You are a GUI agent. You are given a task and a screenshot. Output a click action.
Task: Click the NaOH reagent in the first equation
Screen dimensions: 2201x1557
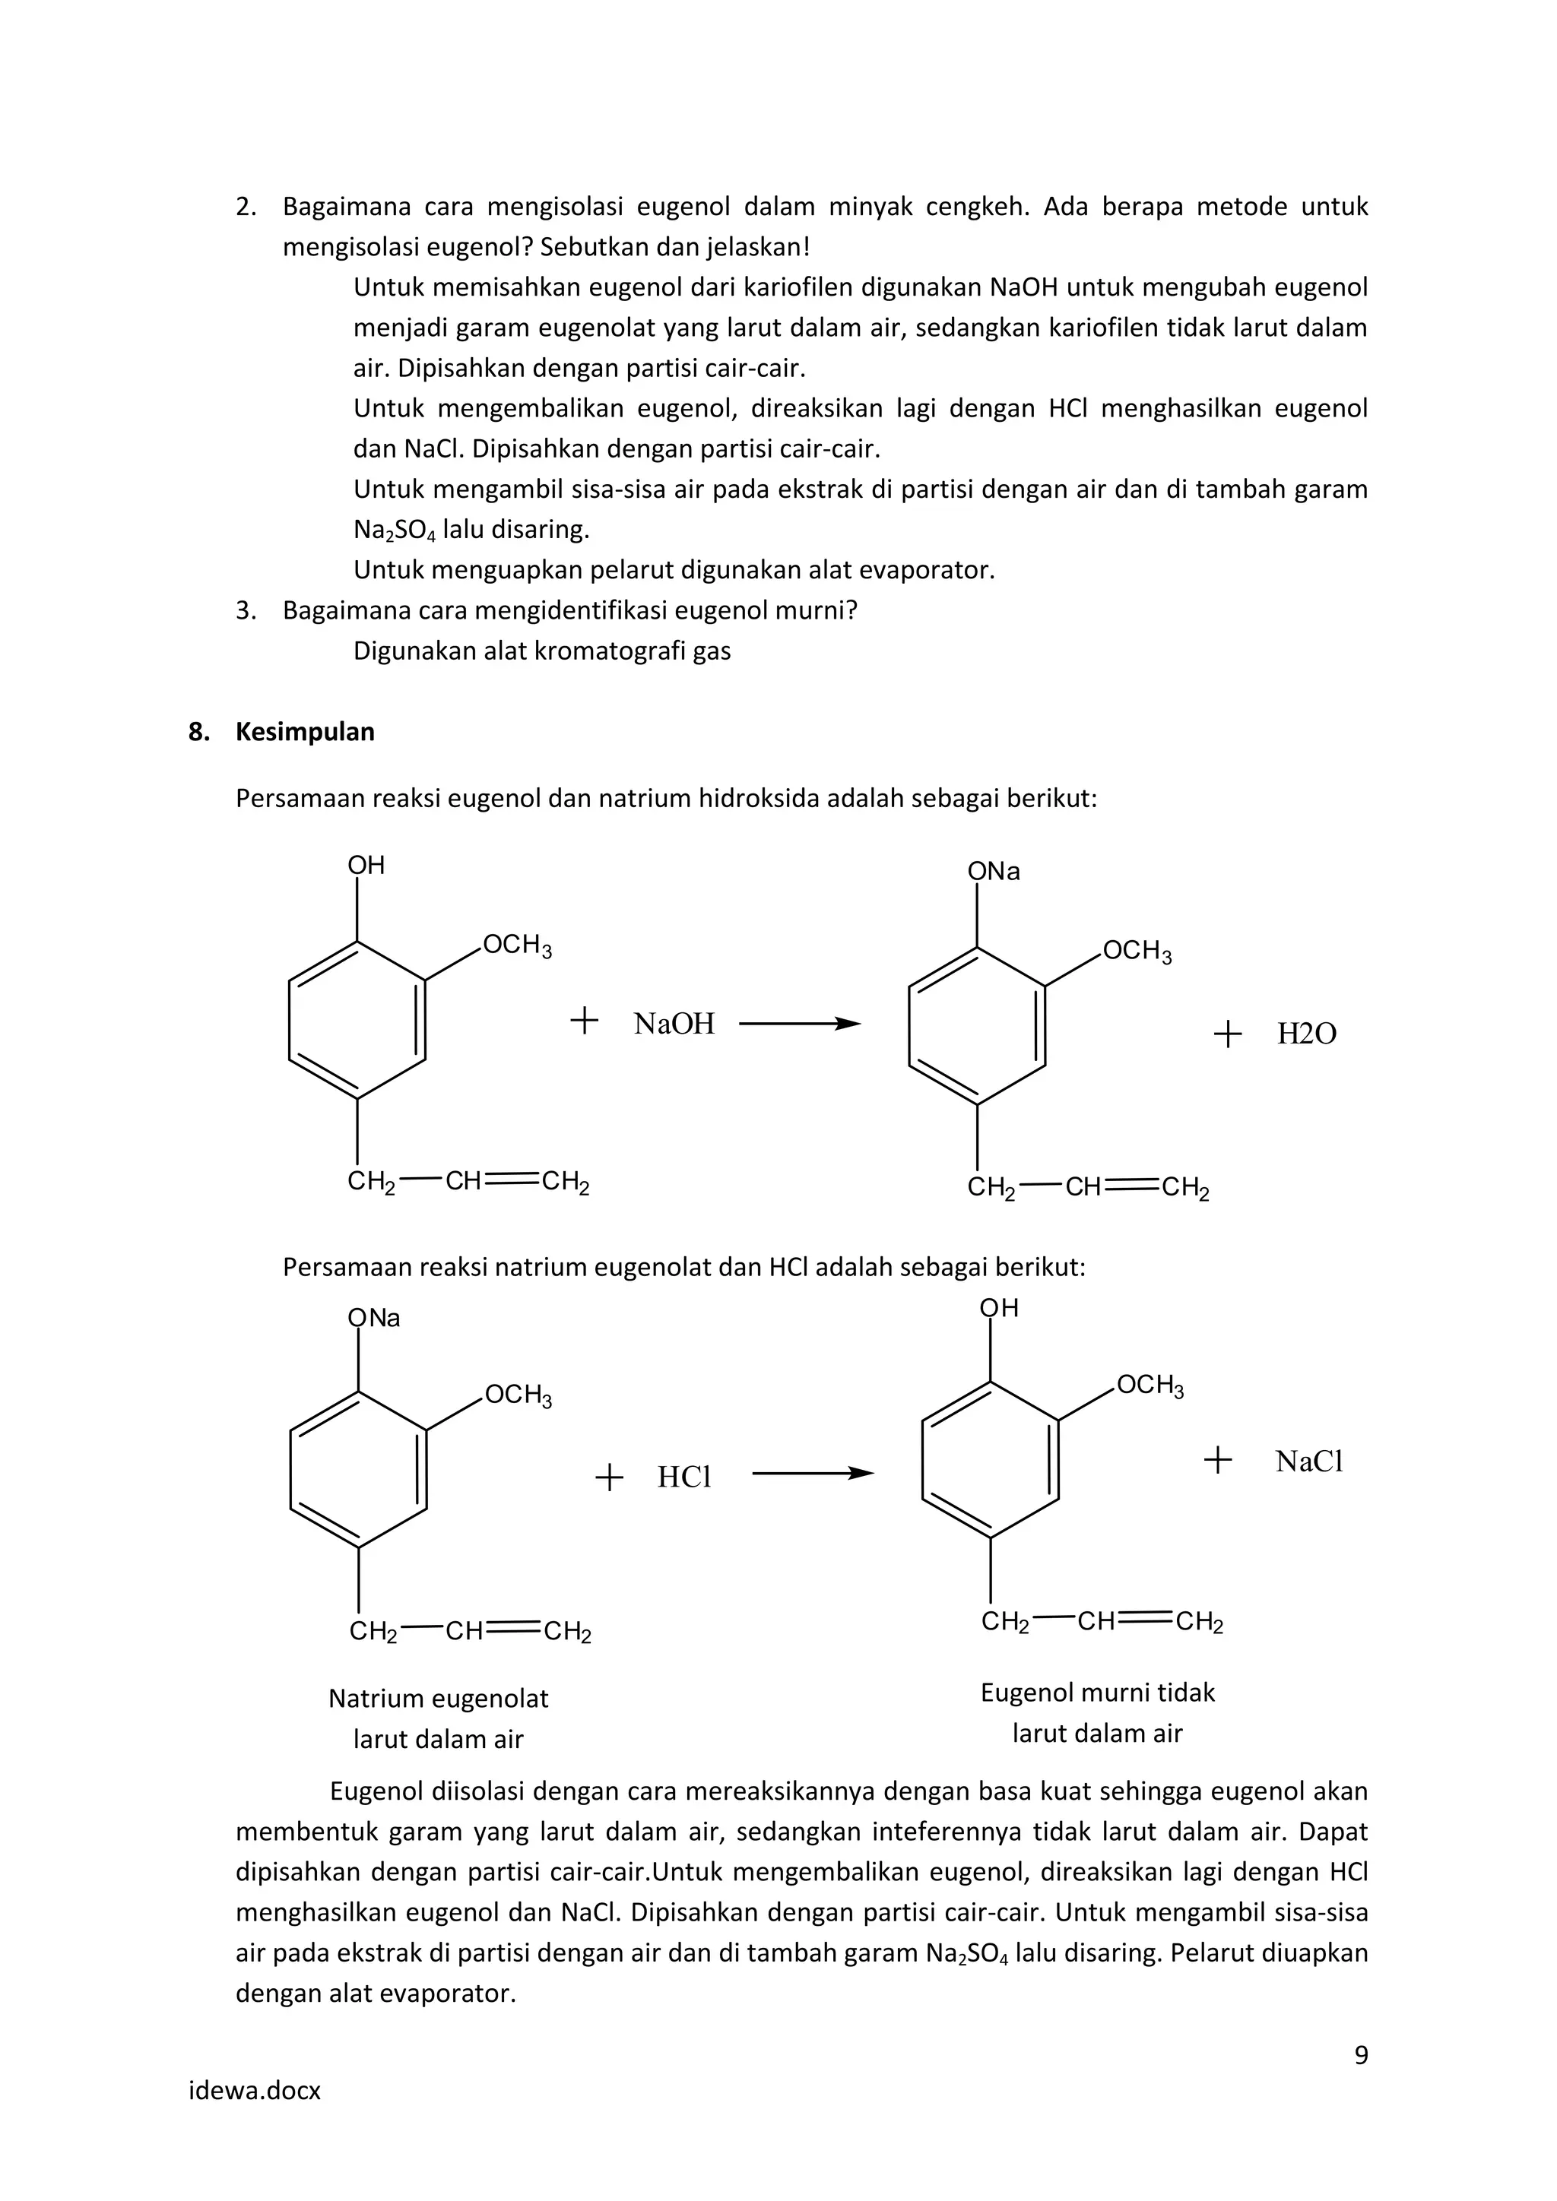674,1024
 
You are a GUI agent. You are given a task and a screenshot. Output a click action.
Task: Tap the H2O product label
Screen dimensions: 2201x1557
1306,1034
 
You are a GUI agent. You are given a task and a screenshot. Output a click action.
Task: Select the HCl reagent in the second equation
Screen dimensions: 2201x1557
683,1477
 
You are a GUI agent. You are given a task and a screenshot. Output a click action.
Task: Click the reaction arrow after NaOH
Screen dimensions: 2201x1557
800,1024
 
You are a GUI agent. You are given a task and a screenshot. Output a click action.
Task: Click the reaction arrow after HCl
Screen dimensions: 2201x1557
812,1474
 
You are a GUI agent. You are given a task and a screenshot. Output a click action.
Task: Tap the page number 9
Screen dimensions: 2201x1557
1360,2054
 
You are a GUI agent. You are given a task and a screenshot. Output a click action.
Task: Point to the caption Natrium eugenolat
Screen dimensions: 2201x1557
438,1698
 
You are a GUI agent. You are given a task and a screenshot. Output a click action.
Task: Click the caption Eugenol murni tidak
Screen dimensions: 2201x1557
1097,1692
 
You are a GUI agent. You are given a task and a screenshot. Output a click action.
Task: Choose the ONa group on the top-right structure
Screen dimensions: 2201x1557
993,872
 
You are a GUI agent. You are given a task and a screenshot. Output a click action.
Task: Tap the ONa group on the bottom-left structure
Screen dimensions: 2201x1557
374,1318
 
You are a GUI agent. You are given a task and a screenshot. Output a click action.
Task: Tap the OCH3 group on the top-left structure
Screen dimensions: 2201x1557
517,945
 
